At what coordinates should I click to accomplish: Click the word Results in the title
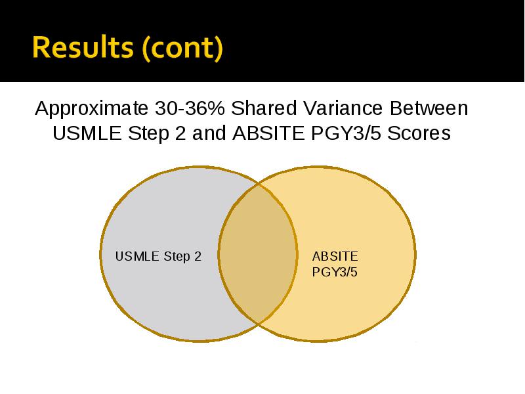coord(83,47)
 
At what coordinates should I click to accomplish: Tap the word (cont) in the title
coord(182,48)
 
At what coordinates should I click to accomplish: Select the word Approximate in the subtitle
coord(91,109)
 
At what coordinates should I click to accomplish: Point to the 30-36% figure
coord(190,108)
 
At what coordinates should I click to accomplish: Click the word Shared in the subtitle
coord(264,108)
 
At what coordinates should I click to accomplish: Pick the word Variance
coord(343,108)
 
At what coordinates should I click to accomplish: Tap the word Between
coord(429,108)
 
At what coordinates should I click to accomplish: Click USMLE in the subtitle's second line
coord(87,133)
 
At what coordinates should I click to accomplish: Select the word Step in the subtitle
coord(148,134)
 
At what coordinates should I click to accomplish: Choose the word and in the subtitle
coord(209,133)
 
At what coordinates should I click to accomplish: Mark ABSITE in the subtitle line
coord(268,133)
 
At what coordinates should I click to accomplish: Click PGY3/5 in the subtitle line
coord(346,133)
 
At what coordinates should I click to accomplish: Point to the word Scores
coord(419,133)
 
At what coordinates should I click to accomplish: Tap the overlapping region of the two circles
coord(258,254)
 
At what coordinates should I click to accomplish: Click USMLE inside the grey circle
coord(137,256)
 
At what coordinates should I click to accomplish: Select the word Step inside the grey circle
coord(177,257)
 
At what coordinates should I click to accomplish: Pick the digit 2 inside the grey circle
coord(198,256)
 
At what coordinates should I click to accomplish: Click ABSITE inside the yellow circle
coord(335,257)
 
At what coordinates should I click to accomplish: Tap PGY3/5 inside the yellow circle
coord(335,272)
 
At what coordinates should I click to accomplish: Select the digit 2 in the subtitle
coord(180,133)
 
